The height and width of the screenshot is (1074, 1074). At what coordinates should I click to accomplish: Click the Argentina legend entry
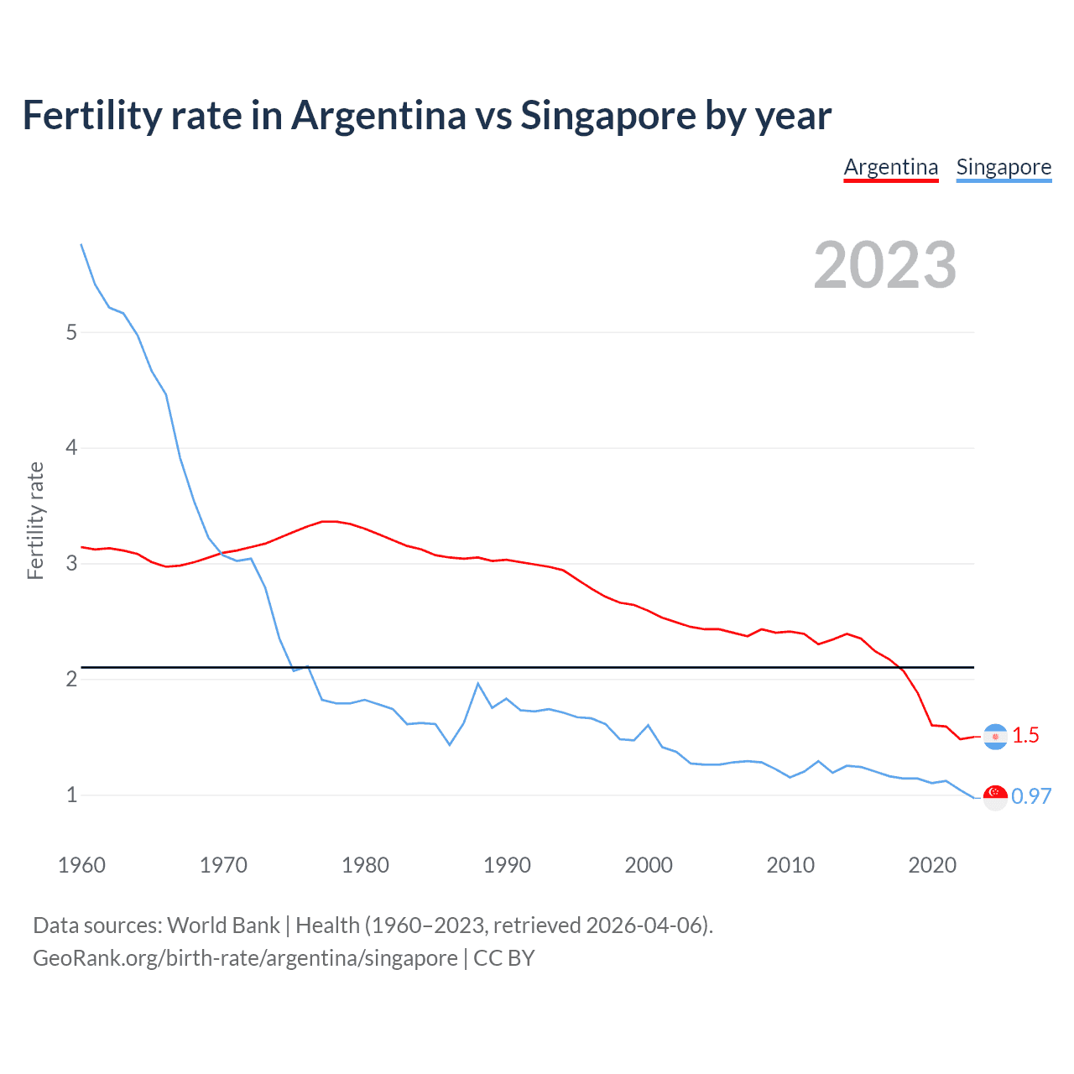tap(890, 167)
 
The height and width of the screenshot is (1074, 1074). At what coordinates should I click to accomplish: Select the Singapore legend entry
tap(1004, 167)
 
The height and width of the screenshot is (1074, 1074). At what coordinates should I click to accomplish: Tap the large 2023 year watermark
tap(884, 265)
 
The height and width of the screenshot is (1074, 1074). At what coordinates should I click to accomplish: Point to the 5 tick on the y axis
tap(71, 332)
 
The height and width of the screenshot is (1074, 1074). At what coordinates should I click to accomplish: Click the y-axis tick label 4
tap(71, 448)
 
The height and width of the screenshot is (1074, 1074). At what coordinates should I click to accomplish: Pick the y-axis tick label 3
tap(71, 564)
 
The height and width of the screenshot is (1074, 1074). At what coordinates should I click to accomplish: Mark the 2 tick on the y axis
tap(71, 679)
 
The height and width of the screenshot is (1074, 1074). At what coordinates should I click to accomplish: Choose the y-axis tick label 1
tap(71, 795)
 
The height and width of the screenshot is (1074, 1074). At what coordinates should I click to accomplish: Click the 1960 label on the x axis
tap(81, 865)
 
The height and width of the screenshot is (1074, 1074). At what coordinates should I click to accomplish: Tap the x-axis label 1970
tap(223, 865)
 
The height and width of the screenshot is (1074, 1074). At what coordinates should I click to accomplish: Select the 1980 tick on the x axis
tap(365, 865)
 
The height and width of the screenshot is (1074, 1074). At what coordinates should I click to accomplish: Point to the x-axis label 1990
tap(507, 865)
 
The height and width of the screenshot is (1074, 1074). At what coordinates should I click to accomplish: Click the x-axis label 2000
tap(649, 865)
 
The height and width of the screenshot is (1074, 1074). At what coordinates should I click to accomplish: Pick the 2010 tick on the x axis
tap(790, 865)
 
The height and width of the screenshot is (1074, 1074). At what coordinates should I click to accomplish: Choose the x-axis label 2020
tap(932, 865)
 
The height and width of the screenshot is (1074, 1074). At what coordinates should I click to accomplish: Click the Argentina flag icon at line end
tap(995, 737)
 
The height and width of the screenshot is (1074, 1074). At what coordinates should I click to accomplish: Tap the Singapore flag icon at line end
tap(995, 797)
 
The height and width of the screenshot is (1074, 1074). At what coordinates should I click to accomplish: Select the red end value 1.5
tap(1025, 736)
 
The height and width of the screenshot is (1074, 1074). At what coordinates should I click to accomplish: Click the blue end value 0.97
tap(1031, 797)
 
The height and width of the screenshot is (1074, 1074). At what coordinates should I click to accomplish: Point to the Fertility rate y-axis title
tap(35, 520)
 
